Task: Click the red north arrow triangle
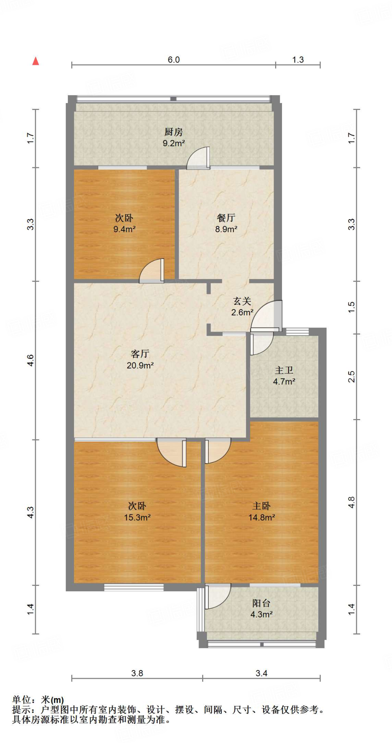[36, 61]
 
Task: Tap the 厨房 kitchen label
[173, 132]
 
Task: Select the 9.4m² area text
[124, 229]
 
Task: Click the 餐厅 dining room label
[226, 218]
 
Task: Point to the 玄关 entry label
[242, 301]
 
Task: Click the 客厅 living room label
[140, 354]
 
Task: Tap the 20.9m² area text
[140, 365]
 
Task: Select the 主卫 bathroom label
[284, 370]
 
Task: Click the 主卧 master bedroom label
[261, 506]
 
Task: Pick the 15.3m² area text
[137, 518]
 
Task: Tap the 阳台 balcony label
[261, 603]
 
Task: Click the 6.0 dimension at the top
[173, 60]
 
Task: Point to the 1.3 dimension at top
[298, 60]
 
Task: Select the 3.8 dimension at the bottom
[137, 673]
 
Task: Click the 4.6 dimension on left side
[30, 360]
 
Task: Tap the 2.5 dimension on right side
[351, 377]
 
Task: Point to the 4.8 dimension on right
[351, 502]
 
